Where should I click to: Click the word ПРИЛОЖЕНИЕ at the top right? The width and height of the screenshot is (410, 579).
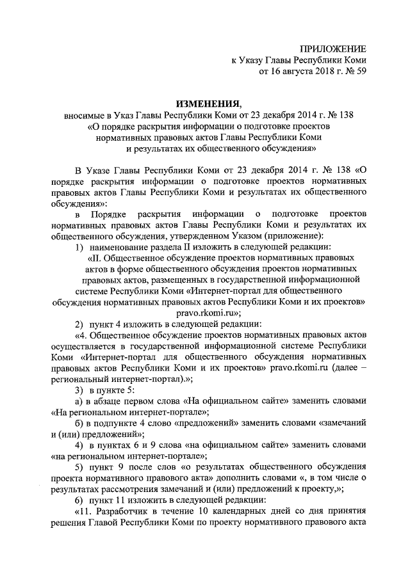point(335,49)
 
